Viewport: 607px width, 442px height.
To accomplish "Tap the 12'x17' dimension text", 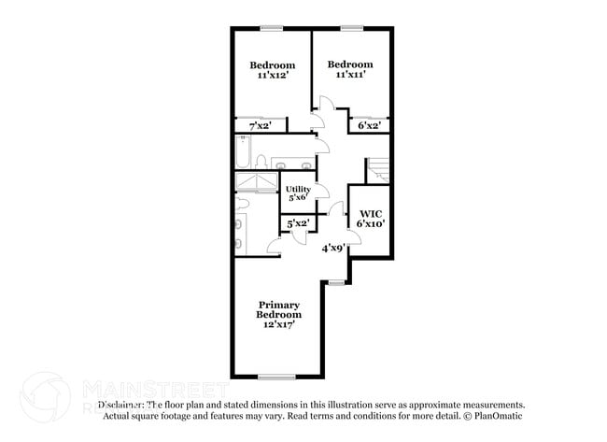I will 278,325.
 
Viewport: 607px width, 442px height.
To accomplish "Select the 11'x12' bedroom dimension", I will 272,76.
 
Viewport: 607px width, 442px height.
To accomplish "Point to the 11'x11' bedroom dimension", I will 349,74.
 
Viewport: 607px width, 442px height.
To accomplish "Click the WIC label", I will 370,212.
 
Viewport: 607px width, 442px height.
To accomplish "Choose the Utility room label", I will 298,189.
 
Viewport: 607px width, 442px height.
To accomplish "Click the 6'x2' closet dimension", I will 367,124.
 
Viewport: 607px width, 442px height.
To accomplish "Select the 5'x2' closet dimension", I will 297,223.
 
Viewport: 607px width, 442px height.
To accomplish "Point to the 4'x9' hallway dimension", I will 334,248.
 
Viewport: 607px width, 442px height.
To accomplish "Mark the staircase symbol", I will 378,170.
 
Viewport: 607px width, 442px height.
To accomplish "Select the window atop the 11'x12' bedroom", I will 272,27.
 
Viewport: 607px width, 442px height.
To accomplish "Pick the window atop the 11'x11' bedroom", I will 351,27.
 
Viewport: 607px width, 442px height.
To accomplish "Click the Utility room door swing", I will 320,192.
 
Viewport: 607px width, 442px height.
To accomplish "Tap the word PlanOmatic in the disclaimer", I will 498,416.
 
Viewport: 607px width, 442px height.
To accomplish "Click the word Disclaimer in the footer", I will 121,405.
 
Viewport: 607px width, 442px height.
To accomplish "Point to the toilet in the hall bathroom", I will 262,161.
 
